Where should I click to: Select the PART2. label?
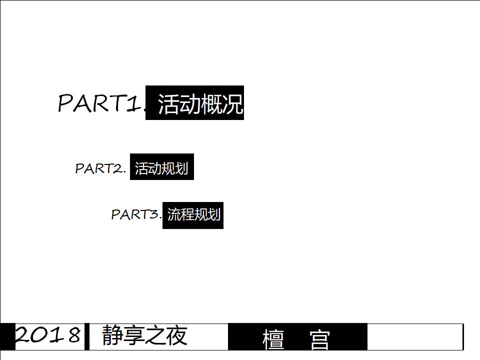click(100, 168)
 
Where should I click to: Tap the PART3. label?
click(136, 214)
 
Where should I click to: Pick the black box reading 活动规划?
click(161, 167)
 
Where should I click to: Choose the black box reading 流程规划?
click(193, 215)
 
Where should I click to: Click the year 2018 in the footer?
click(48, 335)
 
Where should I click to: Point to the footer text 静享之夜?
click(144, 335)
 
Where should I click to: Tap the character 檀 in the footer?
click(273, 339)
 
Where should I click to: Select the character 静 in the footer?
click(112, 335)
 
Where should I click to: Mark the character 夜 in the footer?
click(177, 335)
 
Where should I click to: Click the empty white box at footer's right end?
click(415, 336)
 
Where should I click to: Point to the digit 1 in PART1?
click(132, 103)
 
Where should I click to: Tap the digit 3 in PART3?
click(154, 214)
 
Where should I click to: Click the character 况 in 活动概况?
click(233, 104)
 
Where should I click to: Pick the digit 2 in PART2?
click(118, 168)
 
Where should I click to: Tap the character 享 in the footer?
click(133, 335)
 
